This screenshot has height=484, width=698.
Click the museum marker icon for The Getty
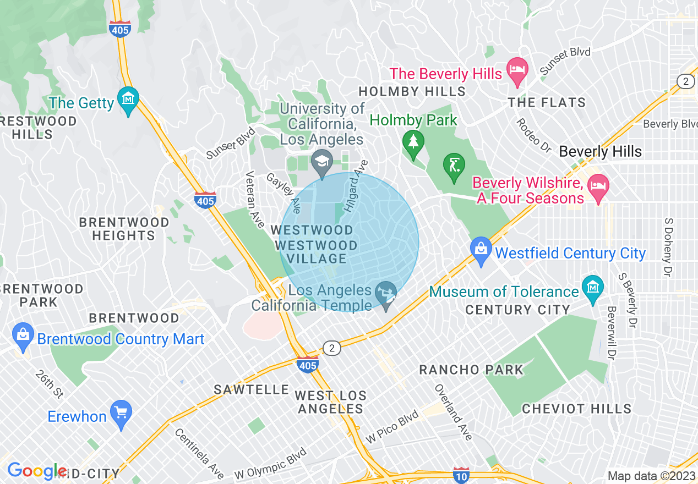(x=128, y=100)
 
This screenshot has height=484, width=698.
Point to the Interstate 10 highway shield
(x=461, y=475)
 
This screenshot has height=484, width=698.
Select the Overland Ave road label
(x=454, y=412)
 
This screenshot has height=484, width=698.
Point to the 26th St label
(x=50, y=383)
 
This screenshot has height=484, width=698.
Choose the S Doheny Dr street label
(x=668, y=246)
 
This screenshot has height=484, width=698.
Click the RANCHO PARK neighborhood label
(x=471, y=370)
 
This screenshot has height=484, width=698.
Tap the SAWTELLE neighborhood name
(x=252, y=389)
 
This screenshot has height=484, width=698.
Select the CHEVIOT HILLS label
(x=576, y=409)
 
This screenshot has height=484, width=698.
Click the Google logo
(x=36, y=471)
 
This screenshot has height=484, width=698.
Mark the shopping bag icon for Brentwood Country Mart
(x=23, y=336)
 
